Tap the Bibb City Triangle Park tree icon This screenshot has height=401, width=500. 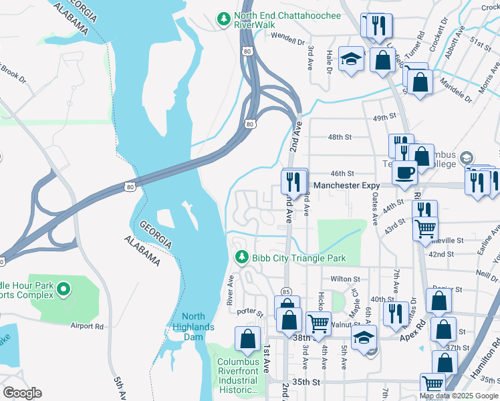(241, 257)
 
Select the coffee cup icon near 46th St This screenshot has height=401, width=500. (404, 172)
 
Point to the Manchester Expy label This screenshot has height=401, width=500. (346, 185)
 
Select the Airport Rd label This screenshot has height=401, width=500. (88, 327)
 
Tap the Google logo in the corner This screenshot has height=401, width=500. (22, 393)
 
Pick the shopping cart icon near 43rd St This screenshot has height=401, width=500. (425, 229)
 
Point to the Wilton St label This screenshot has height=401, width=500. (345, 279)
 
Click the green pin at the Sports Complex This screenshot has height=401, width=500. (64, 289)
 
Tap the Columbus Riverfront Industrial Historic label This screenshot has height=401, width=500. (237, 376)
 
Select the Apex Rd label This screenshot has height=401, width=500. (413, 333)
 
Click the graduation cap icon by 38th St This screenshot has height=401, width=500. (364, 338)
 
